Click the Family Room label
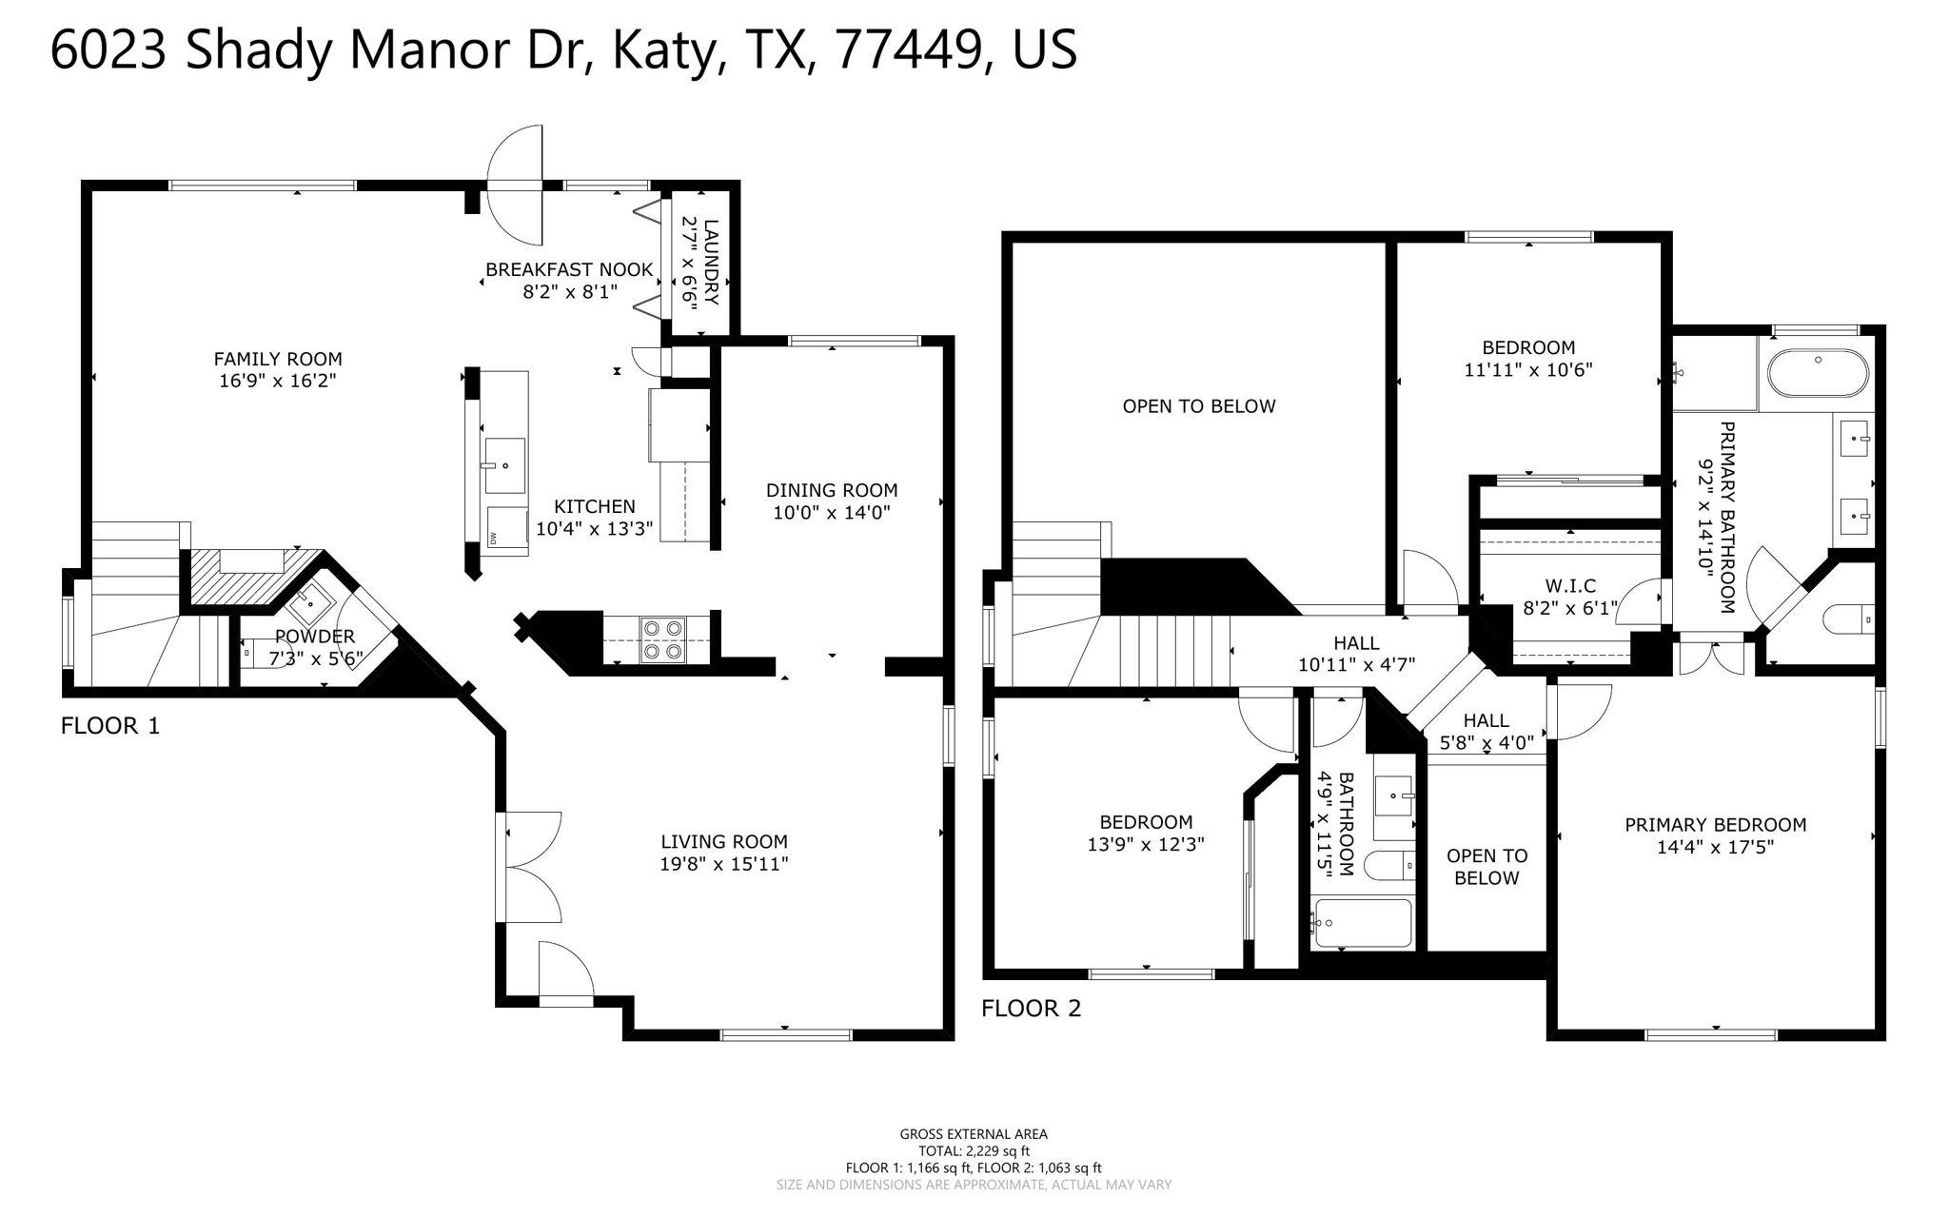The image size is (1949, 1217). click(x=277, y=360)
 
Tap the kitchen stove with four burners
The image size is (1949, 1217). click(x=663, y=639)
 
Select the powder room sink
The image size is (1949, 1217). click(x=309, y=600)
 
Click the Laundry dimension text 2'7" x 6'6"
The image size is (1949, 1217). click(x=689, y=261)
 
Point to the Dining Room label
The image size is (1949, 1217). click(x=832, y=490)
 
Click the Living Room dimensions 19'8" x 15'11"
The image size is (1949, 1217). click(x=724, y=864)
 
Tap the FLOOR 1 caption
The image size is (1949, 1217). click(x=110, y=726)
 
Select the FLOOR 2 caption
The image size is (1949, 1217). click(x=1032, y=1008)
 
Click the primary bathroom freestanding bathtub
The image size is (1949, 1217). click(x=1817, y=373)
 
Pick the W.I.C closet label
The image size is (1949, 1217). click(x=1569, y=586)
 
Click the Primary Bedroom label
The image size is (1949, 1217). click(x=1715, y=825)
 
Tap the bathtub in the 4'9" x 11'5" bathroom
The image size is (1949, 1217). click(x=1362, y=923)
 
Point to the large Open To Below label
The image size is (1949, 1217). click(x=1198, y=406)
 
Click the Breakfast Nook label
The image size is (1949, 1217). click(x=569, y=269)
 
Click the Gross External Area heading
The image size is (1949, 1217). click(x=974, y=1133)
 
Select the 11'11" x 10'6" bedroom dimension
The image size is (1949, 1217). click(x=1527, y=370)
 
